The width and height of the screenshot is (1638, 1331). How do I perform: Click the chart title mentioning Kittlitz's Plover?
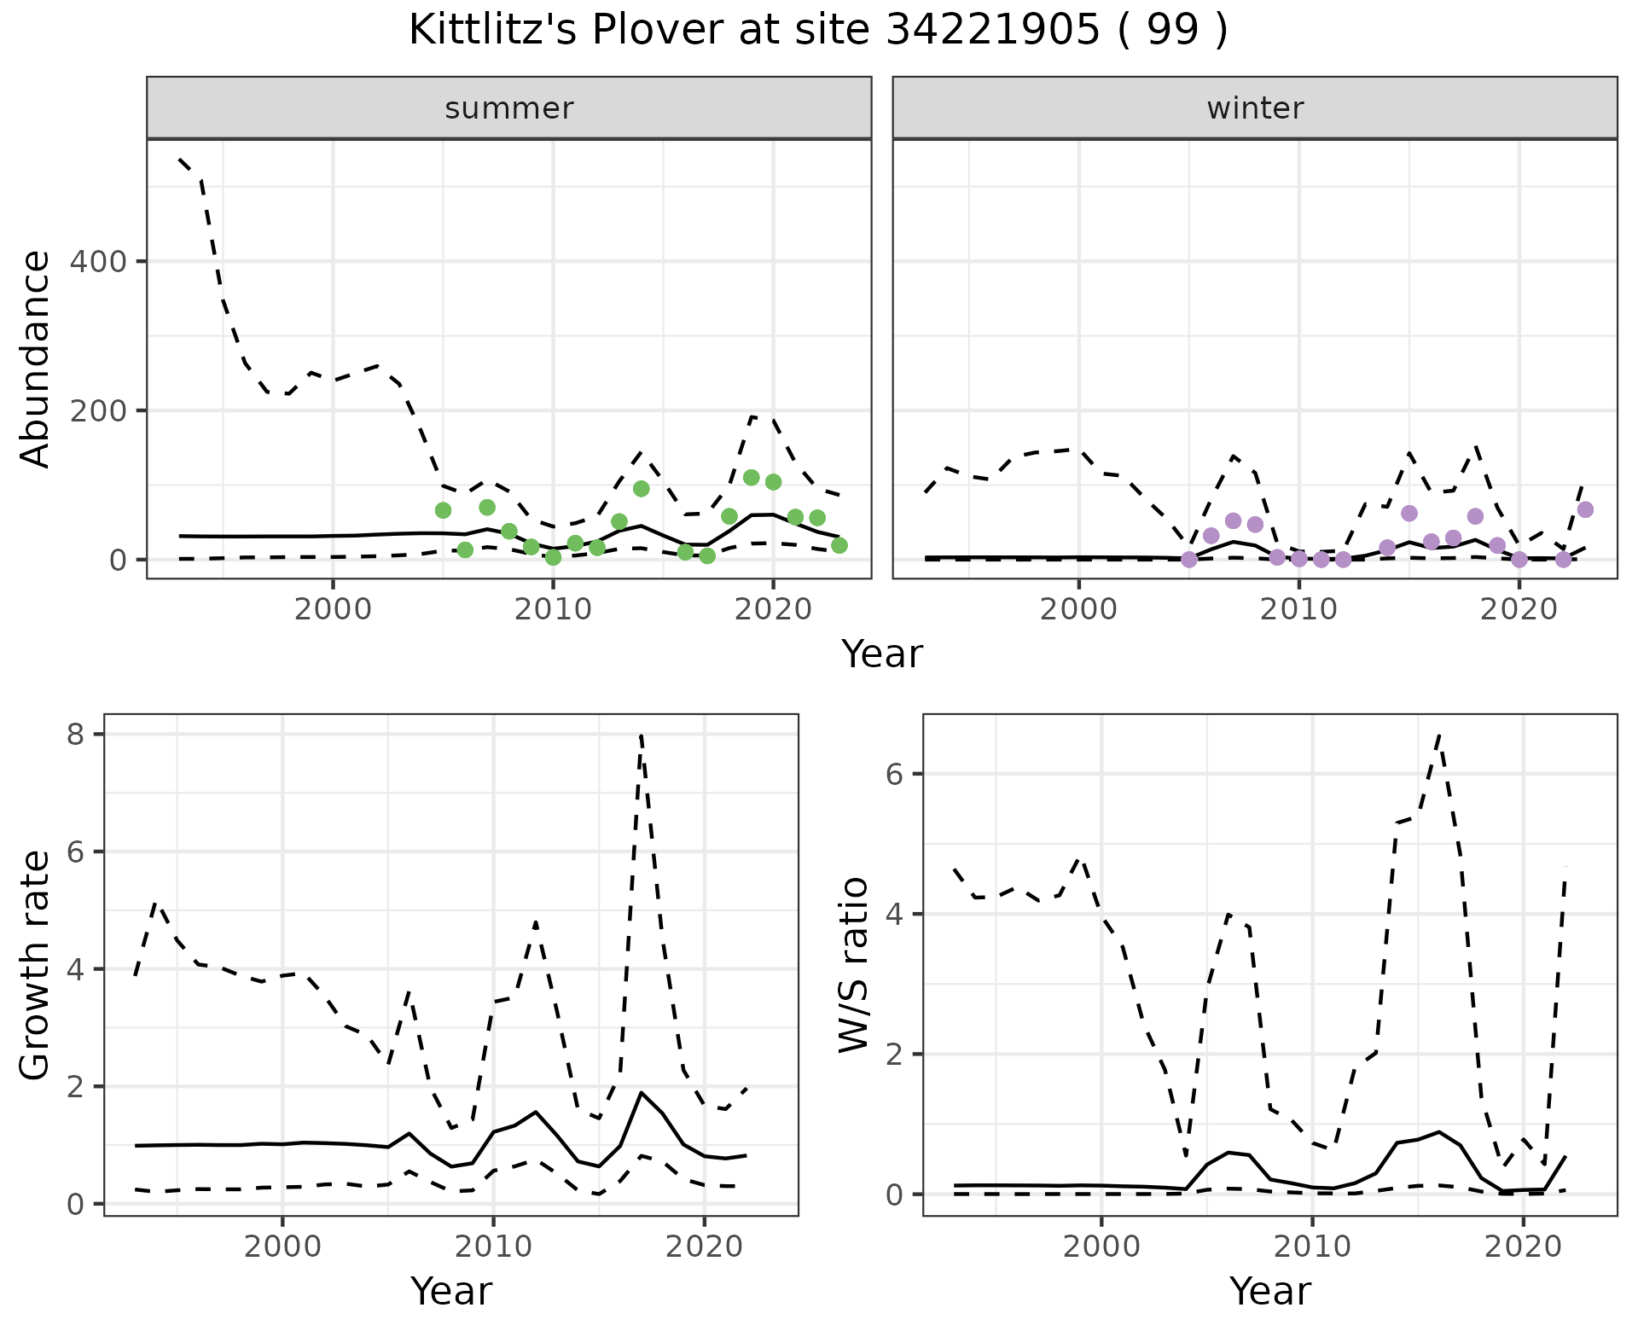(x=818, y=31)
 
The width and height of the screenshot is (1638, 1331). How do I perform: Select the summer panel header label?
(x=509, y=108)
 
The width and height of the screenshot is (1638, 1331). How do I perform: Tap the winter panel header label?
(x=1255, y=108)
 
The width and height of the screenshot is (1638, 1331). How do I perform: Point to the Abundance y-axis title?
(x=36, y=359)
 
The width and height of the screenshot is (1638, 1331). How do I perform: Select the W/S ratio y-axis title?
(x=854, y=965)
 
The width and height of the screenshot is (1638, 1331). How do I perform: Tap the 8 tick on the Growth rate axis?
(x=75, y=735)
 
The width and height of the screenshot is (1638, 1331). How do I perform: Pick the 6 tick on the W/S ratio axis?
(x=894, y=774)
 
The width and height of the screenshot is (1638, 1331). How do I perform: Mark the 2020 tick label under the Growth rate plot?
(x=704, y=1246)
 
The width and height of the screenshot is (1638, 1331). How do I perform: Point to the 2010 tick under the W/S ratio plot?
(x=1312, y=1246)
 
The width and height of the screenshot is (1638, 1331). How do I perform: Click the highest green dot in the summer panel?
(x=751, y=478)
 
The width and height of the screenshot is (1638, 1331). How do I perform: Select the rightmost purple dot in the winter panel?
(x=1585, y=509)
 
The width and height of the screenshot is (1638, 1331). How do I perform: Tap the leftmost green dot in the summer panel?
(x=443, y=510)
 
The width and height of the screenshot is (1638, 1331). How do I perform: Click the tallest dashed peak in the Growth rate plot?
(x=641, y=735)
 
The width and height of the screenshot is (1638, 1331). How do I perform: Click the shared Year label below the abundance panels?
(x=882, y=654)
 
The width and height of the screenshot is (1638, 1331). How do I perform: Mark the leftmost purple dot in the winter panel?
(x=1189, y=559)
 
